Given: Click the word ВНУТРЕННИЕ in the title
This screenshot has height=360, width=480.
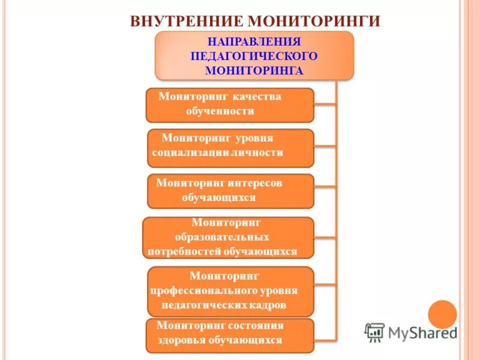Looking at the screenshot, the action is coord(186,21).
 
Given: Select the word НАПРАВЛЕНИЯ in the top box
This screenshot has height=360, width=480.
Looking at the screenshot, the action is coord(254,41).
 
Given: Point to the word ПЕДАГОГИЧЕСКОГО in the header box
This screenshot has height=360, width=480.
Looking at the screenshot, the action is coord(254,56).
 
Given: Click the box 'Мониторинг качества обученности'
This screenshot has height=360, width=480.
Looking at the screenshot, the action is coord(230,105).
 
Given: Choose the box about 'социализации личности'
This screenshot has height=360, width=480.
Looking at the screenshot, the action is coord(230,148).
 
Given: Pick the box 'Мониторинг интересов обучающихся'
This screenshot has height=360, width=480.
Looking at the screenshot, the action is coord(230,191).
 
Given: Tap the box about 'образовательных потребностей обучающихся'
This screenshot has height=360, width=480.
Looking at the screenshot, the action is coord(228,238).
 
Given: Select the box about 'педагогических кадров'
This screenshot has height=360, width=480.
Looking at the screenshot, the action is coord(230,292).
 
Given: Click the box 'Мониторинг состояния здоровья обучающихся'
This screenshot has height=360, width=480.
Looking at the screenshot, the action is coord(230,335).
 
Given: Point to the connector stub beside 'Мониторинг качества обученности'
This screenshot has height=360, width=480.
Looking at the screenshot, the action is coord(325,104).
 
